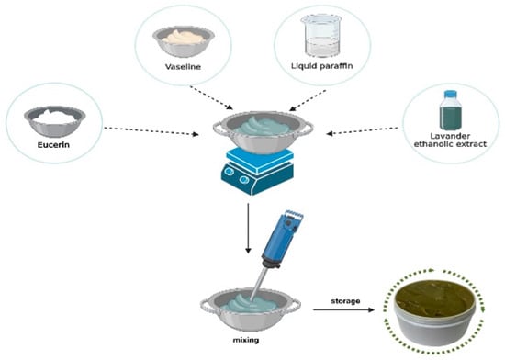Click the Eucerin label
(x=53, y=145)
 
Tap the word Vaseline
(x=183, y=67)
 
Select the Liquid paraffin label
(x=321, y=66)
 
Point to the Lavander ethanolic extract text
(x=450, y=141)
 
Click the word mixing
(x=246, y=340)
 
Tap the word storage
(x=345, y=301)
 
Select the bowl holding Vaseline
(x=184, y=41)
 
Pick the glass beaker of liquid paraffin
(x=321, y=36)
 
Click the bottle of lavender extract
(x=450, y=110)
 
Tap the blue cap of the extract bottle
(x=450, y=94)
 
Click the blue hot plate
(x=257, y=172)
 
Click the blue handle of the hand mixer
(x=282, y=238)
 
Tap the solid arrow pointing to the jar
(x=343, y=309)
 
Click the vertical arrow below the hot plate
(x=248, y=228)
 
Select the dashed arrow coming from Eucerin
(x=151, y=131)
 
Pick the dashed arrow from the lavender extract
(x=363, y=130)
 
